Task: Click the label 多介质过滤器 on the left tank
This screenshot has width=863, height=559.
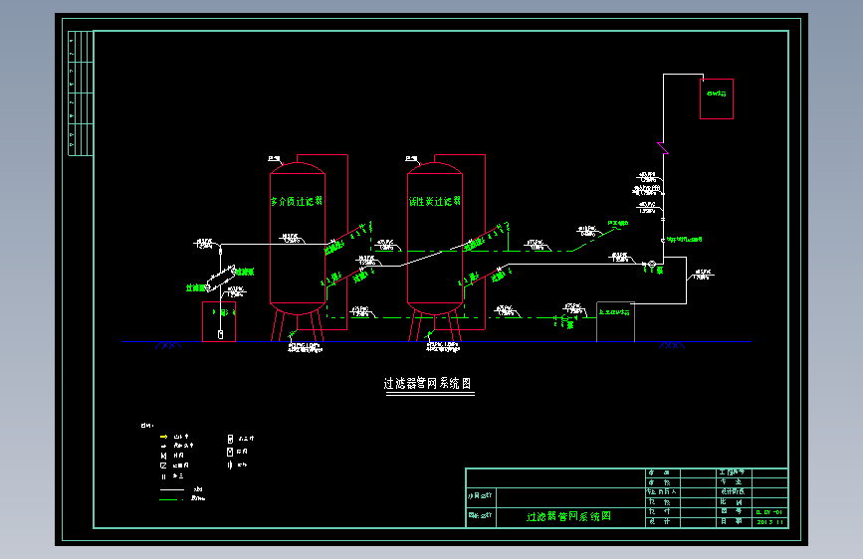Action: pyautogui.click(x=297, y=201)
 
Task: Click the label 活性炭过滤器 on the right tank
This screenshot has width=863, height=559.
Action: pyautogui.click(x=435, y=201)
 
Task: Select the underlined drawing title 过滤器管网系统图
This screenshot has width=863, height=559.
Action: pyautogui.click(x=426, y=383)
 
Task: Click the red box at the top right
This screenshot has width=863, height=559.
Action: pyautogui.click(x=716, y=98)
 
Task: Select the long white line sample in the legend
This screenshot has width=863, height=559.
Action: pyautogui.click(x=171, y=490)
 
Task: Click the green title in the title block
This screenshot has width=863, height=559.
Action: pyautogui.click(x=568, y=517)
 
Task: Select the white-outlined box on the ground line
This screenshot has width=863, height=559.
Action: pyautogui.click(x=614, y=321)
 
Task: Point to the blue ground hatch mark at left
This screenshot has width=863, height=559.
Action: pyautogui.click(x=166, y=345)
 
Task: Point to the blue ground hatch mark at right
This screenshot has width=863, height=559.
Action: pyautogui.click(x=673, y=345)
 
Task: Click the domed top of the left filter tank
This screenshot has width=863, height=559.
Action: pyautogui.click(x=298, y=168)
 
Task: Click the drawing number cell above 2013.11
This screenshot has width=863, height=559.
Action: pyautogui.click(x=771, y=512)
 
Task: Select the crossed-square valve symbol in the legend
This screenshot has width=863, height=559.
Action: pyautogui.click(x=162, y=465)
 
